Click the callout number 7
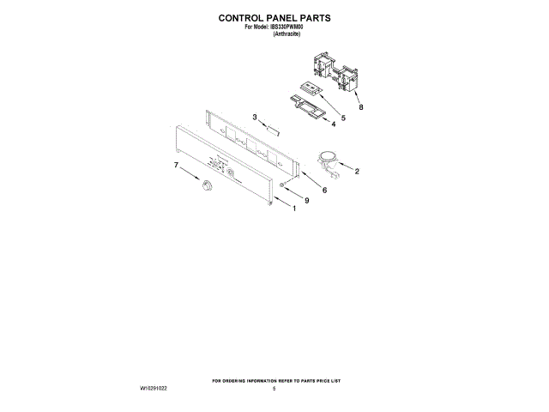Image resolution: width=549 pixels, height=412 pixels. click(177, 164)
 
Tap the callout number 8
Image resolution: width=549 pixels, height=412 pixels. click(361, 107)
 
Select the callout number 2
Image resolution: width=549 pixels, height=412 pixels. click(357, 171)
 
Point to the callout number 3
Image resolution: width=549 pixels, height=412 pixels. click(254, 117)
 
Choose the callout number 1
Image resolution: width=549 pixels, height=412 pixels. click(293, 208)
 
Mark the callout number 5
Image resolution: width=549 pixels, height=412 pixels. click(342, 118)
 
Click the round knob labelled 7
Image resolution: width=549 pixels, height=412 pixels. click(206, 186)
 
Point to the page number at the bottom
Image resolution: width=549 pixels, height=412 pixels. click(274, 389)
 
